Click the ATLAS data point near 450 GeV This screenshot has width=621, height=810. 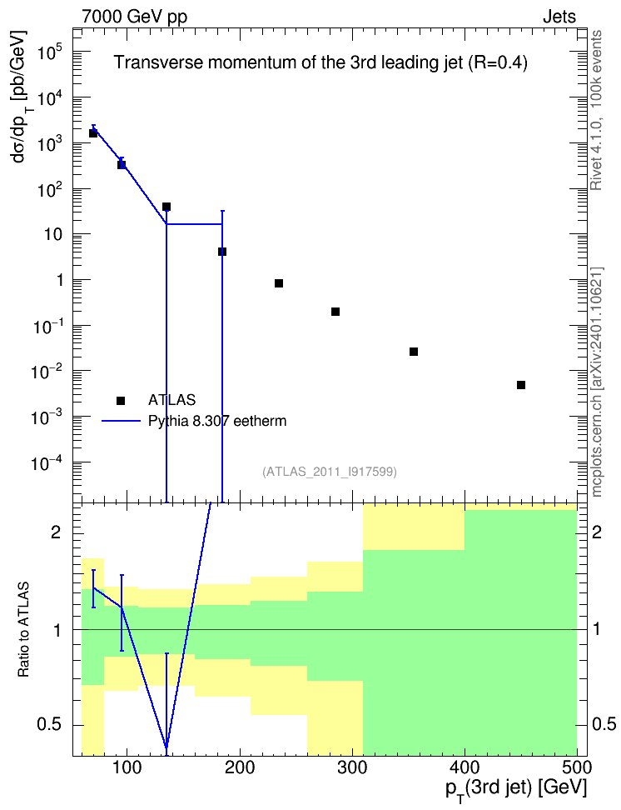tap(521, 385)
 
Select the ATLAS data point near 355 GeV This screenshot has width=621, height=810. tap(414, 352)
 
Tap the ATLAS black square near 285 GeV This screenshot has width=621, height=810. tap(335, 312)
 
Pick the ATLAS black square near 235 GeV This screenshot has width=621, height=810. tap(279, 283)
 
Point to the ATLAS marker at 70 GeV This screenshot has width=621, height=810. tap(93, 133)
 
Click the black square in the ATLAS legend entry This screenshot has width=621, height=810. tap(121, 400)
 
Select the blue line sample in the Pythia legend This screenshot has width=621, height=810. tap(121, 421)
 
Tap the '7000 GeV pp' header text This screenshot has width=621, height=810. tap(134, 17)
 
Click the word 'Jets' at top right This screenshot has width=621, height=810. tap(559, 17)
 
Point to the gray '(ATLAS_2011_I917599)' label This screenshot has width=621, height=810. tap(330, 472)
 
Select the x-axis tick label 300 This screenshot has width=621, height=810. tap(352, 767)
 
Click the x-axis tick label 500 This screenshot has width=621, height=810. tap(577, 767)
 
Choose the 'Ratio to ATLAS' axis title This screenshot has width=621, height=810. tap(23, 630)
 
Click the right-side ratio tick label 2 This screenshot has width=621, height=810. tap(597, 532)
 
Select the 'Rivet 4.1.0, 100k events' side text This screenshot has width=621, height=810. tap(596, 110)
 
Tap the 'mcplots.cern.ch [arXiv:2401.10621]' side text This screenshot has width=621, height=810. tap(596, 382)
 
